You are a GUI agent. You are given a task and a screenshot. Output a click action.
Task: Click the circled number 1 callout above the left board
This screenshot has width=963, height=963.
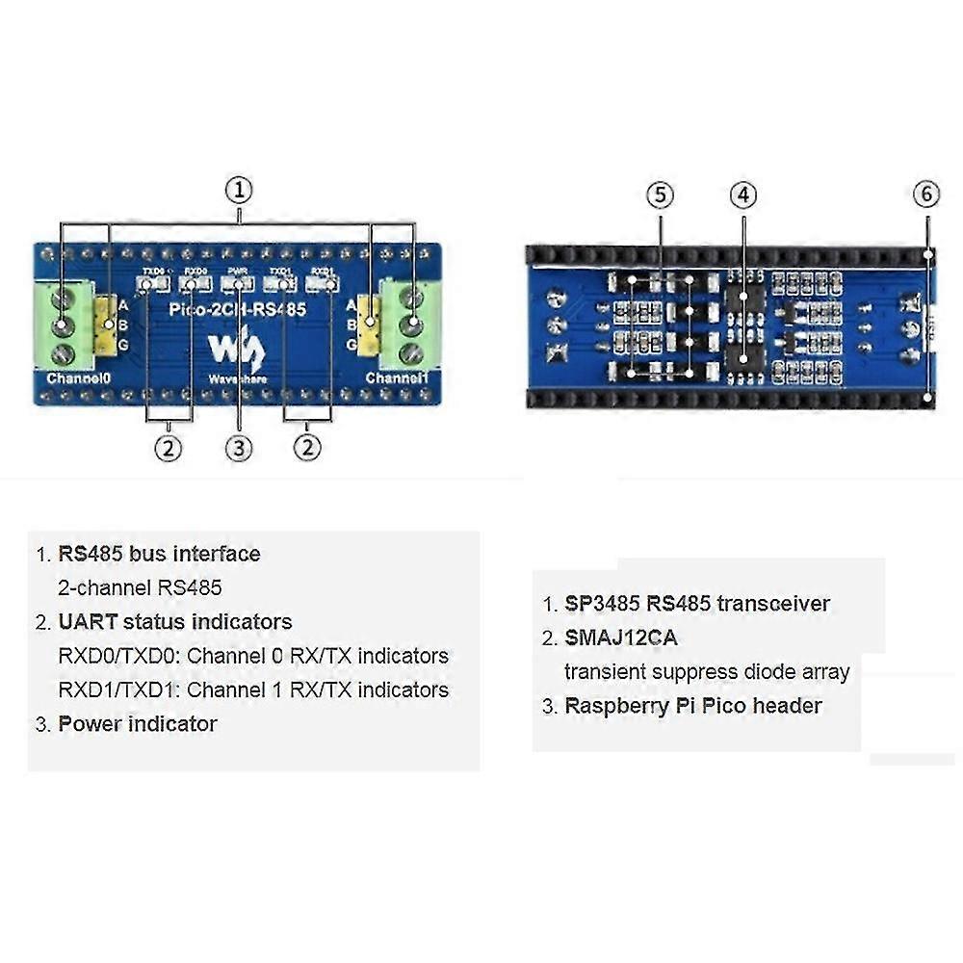pos(239,190)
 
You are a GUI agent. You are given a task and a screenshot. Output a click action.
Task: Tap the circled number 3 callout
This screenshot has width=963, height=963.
pos(239,448)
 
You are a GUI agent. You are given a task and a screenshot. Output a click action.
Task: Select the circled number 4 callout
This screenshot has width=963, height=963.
pos(742,195)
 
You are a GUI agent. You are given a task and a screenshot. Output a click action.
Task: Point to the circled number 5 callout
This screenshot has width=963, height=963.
pos(660,195)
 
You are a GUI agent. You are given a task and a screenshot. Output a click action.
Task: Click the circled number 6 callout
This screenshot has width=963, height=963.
pos(925,195)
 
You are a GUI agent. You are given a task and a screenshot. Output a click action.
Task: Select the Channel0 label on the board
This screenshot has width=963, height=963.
pos(79,378)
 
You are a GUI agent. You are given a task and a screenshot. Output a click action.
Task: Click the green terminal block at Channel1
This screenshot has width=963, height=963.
pos(412,325)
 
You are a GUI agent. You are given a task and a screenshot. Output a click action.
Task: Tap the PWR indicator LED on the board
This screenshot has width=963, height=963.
pos(238,284)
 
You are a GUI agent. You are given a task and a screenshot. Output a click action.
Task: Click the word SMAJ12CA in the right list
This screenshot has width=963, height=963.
pos(621,638)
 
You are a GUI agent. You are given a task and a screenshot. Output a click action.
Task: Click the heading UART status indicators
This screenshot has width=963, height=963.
pos(175,622)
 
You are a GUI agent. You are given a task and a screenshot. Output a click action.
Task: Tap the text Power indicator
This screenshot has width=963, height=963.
pos(138,724)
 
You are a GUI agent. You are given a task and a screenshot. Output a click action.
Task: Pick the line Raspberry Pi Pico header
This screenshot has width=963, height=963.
pos(693,706)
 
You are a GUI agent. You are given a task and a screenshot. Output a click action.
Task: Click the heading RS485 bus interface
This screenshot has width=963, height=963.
pos(159,555)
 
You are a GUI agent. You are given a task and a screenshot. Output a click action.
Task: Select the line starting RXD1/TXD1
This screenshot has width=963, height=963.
pos(253,690)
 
